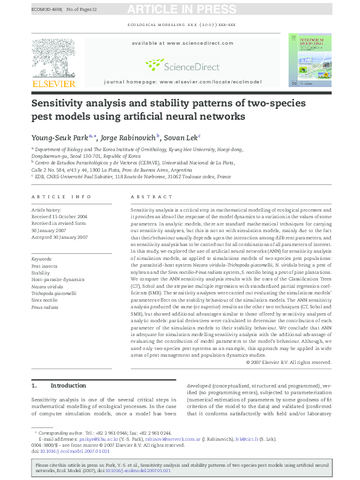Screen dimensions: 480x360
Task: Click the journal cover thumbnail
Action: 309,60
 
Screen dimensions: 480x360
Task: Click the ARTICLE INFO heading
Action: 61,197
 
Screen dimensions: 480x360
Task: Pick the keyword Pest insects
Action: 45,266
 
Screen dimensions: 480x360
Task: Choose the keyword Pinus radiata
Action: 45,307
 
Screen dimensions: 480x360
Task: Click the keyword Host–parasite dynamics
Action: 58,280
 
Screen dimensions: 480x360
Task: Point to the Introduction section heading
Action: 68,385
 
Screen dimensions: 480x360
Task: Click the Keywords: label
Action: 42,259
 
